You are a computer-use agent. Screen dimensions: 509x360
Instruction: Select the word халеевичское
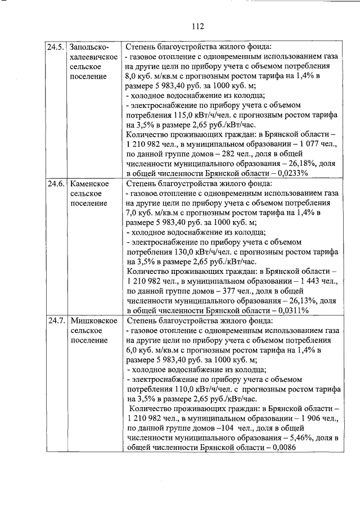(93, 57)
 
